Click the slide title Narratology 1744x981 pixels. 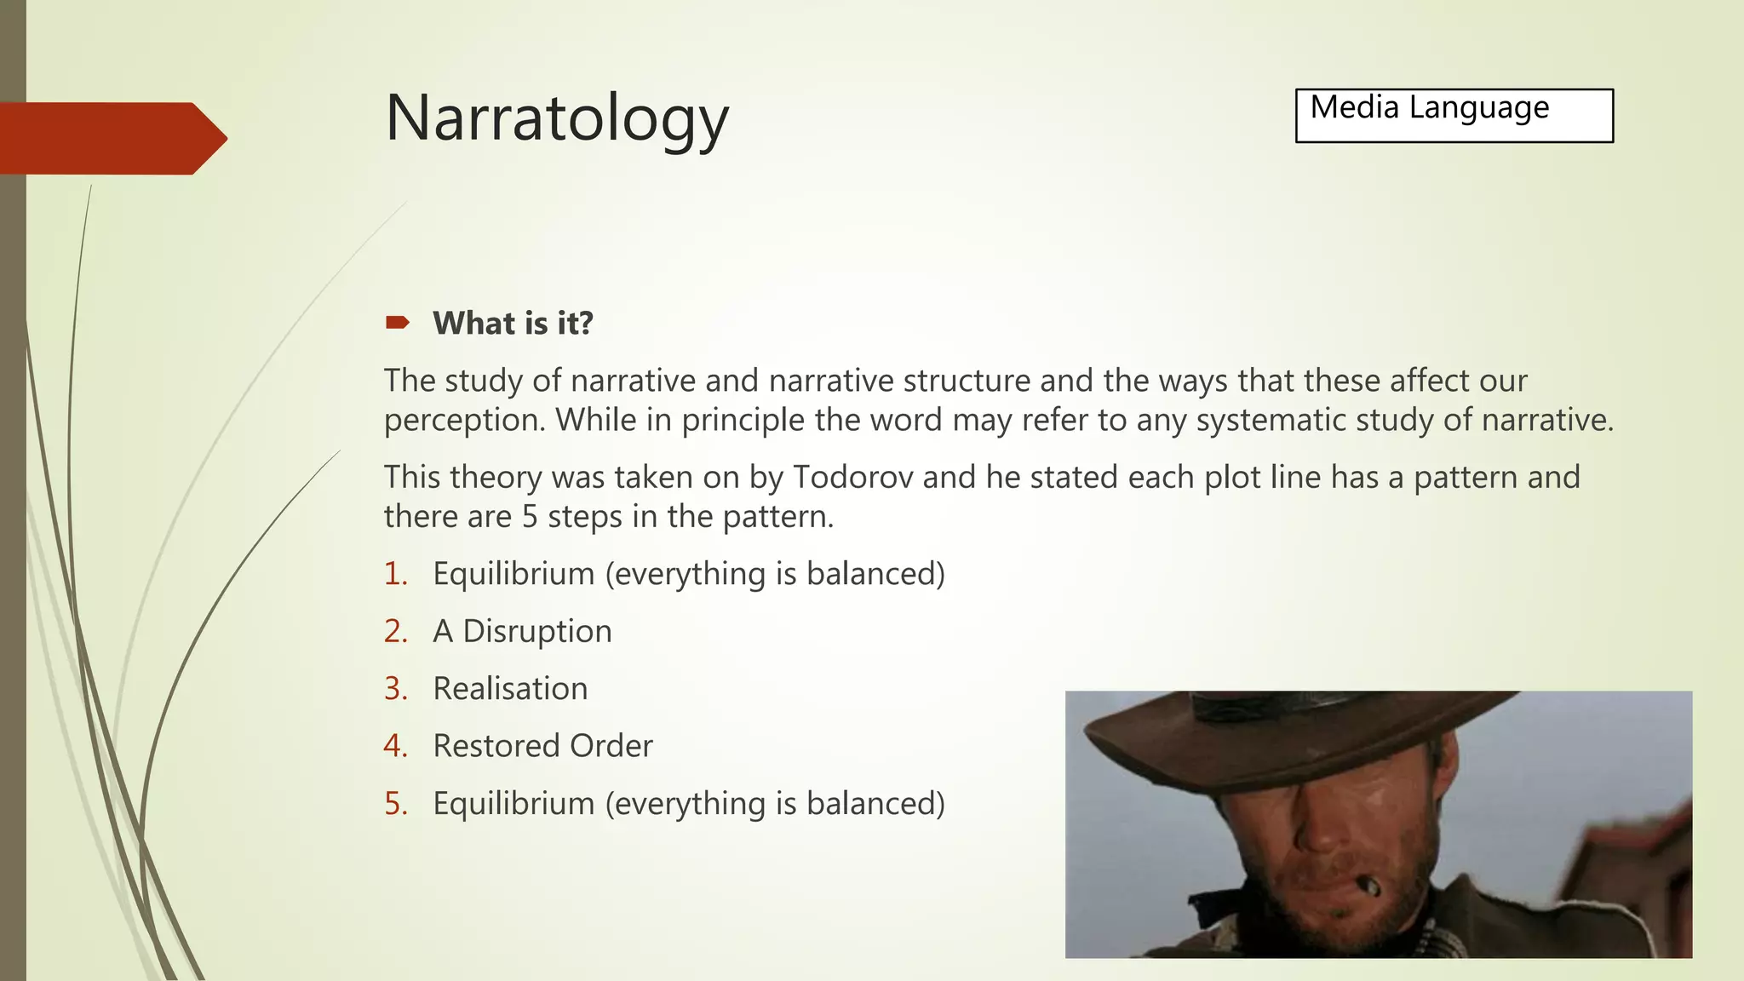[557, 118]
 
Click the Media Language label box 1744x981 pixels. [1454, 116]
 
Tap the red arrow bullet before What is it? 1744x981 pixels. [397, 323]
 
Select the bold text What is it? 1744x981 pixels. [513, 324]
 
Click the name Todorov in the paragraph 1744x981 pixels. [852, 477]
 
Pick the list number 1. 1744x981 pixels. [395, 574]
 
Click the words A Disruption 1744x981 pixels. [522, 631]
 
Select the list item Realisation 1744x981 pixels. [510, 688]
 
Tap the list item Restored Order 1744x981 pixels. [542, 746]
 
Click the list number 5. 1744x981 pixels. [395, 803]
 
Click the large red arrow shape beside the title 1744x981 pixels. [111, 139]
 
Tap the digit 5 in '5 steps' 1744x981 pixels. [530, 517]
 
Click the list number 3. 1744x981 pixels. [395, 688]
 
